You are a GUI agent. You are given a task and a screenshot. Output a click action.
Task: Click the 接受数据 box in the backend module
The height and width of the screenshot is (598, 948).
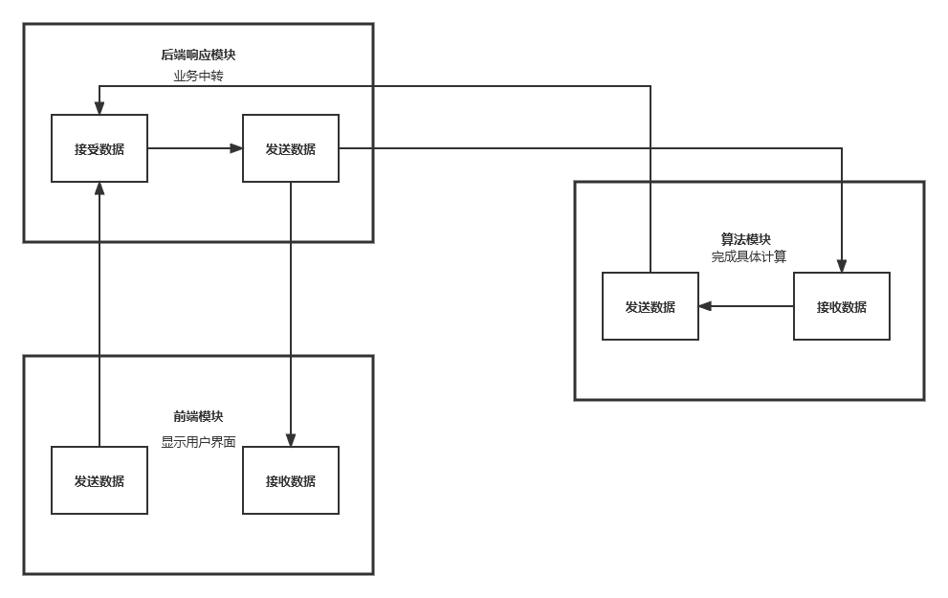pyautogui.click(x=99, y=148)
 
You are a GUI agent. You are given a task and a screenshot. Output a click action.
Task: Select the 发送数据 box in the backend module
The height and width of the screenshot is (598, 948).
pyautogui.click(x=291, y=148)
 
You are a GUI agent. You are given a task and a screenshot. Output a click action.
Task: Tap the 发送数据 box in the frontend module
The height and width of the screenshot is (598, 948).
pyautogui.click(x=99, y=480)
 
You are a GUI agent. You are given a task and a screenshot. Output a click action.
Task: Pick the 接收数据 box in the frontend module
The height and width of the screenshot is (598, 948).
pyautogui.click(x=291, y=480)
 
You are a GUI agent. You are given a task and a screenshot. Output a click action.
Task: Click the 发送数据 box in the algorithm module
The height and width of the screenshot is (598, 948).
pyautogui.click(x=650, y=306)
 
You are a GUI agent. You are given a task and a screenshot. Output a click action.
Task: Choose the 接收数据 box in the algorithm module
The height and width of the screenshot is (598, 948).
pyautogui.click(x=842, y=306)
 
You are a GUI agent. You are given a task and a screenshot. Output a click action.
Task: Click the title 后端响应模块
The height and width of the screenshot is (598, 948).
pyautogui.click(x=198, y=55)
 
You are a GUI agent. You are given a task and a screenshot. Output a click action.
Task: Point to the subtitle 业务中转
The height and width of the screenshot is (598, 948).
pyautogui.click(x=198, y=76)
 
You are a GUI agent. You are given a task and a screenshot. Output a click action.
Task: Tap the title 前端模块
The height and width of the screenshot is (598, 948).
pyautogui.click(x=198, y=417)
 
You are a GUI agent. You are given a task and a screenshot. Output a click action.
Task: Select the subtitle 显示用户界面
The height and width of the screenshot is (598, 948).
pyautogui.click(x=198, y=442)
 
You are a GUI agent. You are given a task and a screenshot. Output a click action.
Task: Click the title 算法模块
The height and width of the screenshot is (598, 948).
pyautogui.click(x=746, y=239)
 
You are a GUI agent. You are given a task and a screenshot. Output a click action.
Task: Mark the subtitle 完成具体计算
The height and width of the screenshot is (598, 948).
pyautogui.click(x=748, y=256)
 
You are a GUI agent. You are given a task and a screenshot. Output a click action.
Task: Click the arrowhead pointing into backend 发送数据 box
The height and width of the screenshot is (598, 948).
pyautogui.click(x=236, y=148)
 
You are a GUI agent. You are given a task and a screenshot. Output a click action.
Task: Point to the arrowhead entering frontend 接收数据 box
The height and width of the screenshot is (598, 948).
pyautogui.click(x=291, y=440)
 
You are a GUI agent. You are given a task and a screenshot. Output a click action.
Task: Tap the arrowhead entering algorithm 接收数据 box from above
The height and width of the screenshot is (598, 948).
pyautogui.click(x=842, y=266)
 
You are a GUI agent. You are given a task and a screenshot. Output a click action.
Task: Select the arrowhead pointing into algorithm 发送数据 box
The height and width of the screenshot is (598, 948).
pyautogui.click(x=705, y=306)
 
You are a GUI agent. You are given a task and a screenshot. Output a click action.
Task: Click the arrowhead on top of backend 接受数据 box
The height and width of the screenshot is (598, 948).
pyautogui.click(x=99, y=108)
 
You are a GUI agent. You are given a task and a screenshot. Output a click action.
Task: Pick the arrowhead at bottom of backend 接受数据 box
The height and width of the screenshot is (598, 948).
pyautogui.click(x=99, y=188)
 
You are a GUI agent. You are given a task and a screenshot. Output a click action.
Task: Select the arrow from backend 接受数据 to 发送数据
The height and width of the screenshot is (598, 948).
pyautogui.click(x=191, y=148)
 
